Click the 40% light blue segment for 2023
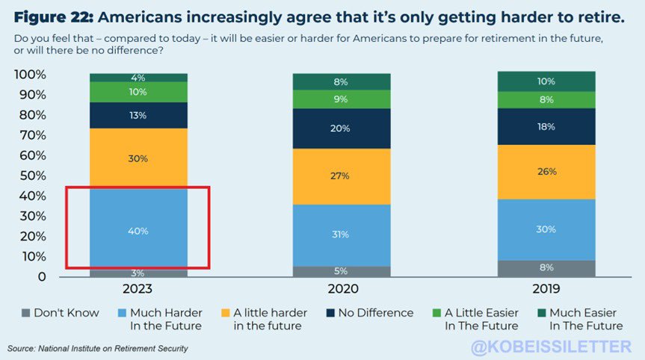pos(138,231)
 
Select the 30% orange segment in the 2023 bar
pos(138,158)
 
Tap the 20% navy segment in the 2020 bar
pos(342,128)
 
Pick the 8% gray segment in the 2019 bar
pos(546,267)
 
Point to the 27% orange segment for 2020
pos(342,176)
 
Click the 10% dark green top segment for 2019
pos(546,81)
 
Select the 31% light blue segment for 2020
pos(342,235)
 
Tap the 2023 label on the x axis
pos(138,289)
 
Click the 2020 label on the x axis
pos(342,289)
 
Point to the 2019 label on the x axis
pos(546,289)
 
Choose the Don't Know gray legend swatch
pos(25,313)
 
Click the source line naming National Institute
pos(97,349)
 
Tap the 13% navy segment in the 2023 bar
pos(138,115)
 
